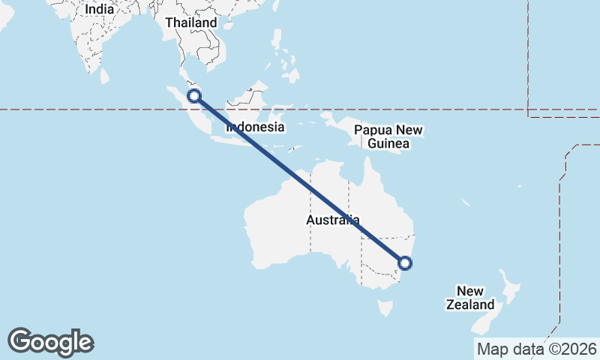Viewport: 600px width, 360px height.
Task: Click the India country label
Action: pos(100,9)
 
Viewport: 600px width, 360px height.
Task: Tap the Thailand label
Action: pos(190,22)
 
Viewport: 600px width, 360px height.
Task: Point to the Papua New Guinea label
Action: pos(388,136)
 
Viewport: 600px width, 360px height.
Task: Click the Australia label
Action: pos(332,220)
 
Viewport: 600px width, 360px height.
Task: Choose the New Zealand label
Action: pos(470,298)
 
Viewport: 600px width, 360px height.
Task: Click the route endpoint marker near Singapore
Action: pos(194,96)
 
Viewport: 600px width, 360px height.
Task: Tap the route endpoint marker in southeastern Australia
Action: pos(405,262)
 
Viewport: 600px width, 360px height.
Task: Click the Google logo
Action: pos(50,342)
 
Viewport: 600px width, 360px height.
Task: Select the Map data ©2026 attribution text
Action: pos(537,349)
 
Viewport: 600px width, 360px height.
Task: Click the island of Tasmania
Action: pos(385,307)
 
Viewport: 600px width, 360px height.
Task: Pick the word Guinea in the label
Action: pos(388,142)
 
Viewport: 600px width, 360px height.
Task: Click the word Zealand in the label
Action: pos(470,304)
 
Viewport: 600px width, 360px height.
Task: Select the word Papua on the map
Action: pos(373,129)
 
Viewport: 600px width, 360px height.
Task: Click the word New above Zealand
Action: pos(470,291)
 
